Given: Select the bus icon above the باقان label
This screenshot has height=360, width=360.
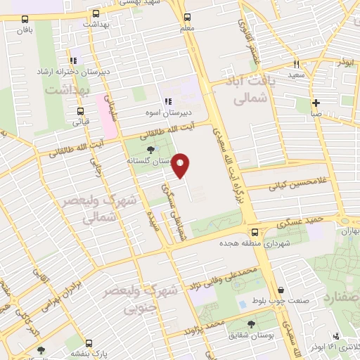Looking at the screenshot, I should tap(25, 20).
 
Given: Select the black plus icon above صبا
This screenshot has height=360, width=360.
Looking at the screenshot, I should tap(316, 102).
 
